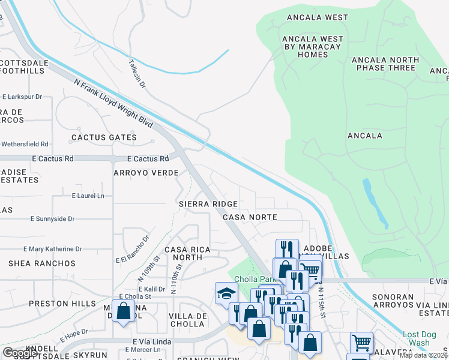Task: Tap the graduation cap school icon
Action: click(x=226, y=293)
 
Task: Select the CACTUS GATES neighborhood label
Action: click(x=104, y=137)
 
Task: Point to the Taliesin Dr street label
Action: click(x=137, y=73)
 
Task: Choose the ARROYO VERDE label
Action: click(x=146, y=173)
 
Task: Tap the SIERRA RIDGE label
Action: click(x=208, y=204)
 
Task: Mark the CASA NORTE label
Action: click(x=250, y=217)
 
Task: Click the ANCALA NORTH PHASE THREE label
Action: click(x=384, y=64)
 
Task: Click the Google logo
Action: click(x=20, y=353)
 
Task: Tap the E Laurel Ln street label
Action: click(x=88, y=196)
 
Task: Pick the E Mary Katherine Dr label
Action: click(x=53, y=249)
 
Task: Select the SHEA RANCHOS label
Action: click(x=42, y=263)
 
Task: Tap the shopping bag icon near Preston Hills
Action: click(x=123, y=311)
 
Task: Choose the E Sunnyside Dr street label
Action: click(x=53, y=219)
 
